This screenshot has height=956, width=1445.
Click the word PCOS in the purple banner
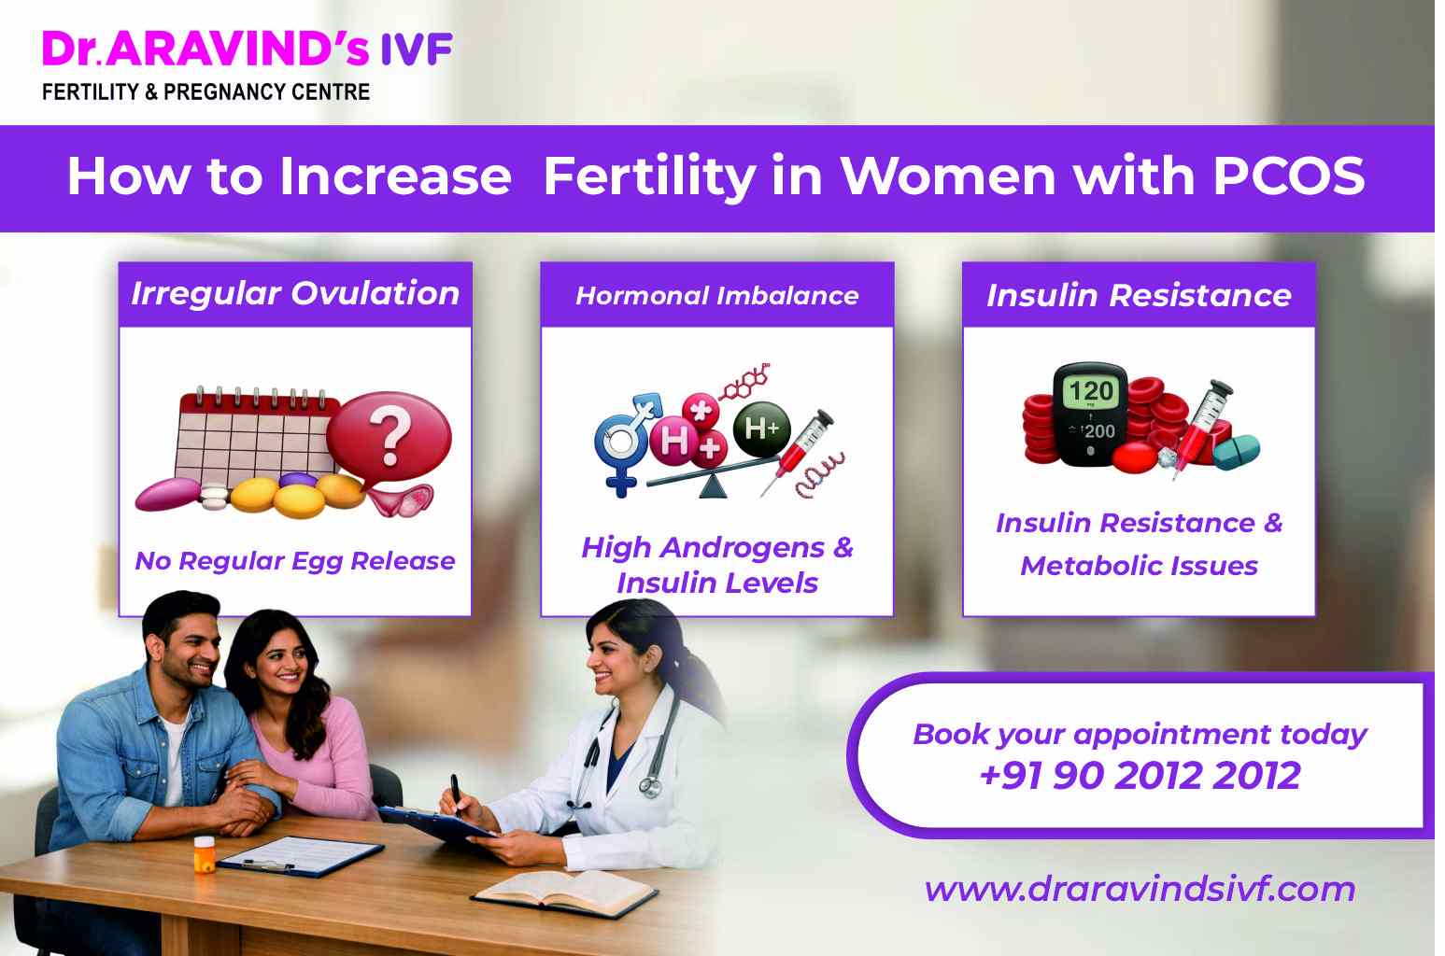pyautogui.click(x=1288, y=176)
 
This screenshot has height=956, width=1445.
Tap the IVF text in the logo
pyautogui.click(x=417, y=49)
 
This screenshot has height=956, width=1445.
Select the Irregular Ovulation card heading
pyautogui.click(x=295, y=294)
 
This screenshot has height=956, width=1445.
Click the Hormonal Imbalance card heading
pyautogui.click(x=716, y=296)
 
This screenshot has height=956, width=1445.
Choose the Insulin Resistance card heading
pyautogui.click(x=1138, y=296)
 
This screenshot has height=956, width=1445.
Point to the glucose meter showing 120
pyautogui.click(x=1089, y=411)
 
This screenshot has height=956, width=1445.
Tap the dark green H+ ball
pyautogui.click(x=761, y=429)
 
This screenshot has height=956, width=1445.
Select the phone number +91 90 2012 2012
pyautogui.click(x=1139, y=776)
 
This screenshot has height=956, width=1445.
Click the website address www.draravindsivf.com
pyautogui.click(x=1139, y=888)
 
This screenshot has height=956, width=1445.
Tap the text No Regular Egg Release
pyautogui.click(x=295, y=561)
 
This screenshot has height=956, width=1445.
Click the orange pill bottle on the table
pyautogui.click(x=204, y=853)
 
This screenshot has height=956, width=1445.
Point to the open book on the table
pyautogui.click(x=564, y=892)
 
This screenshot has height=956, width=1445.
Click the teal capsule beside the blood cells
pyautogui.click(x=1235, y=452)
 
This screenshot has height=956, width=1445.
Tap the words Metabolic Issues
pyautogui.click(x=1139, y=566)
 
